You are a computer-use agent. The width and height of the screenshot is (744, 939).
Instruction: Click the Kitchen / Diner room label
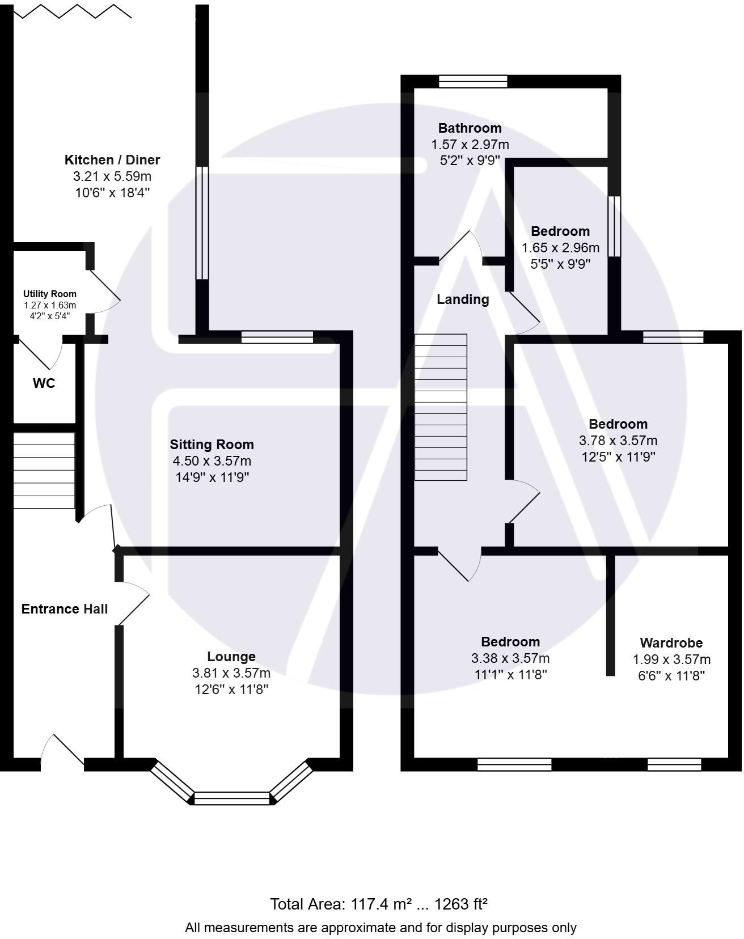coord(112,160)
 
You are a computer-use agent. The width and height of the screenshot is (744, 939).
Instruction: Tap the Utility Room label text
coord(50,294)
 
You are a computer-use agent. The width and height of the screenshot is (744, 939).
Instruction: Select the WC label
coord(44,384)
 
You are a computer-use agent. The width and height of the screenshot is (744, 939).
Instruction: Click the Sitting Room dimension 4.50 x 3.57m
coord(212,462)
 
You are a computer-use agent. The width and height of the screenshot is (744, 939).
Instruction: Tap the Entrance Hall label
coord(65,610)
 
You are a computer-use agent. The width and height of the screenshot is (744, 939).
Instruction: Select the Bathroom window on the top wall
coord(474,82)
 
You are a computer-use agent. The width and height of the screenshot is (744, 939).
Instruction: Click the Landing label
coord(463,300)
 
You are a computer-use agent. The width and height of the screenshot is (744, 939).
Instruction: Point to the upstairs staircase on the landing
coord(441,408)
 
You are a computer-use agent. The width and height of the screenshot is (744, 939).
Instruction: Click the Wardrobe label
coord(672,644)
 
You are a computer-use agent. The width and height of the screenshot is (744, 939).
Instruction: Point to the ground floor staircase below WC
coord(44,471)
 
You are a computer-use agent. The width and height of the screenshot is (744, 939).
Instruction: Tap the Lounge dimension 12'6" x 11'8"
coord(231,690)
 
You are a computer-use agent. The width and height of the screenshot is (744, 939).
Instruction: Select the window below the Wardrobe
coord(675,765)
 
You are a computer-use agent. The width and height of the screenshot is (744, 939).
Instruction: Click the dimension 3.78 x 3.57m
coord(619,441)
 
